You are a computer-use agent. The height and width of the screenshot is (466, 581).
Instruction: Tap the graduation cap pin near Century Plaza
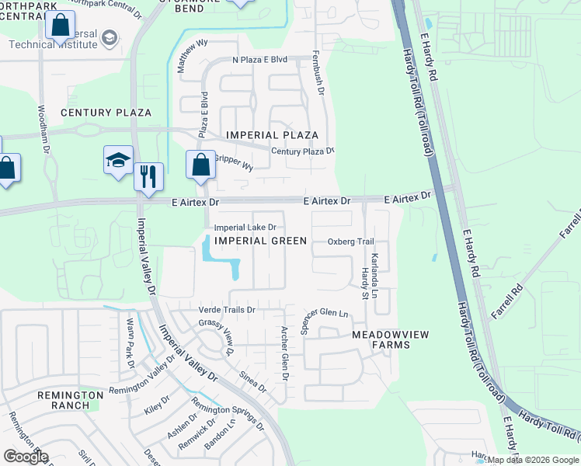click(118, 161)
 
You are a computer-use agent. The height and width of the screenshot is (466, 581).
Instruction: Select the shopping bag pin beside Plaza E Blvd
click(200, 165)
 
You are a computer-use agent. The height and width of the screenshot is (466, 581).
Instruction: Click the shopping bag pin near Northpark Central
click(60, 26)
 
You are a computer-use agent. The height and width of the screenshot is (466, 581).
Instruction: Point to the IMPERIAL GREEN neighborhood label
click(260, 241)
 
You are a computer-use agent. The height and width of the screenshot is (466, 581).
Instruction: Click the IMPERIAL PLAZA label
click(272, 135)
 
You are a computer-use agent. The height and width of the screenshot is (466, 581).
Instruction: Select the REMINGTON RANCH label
click(71, 400)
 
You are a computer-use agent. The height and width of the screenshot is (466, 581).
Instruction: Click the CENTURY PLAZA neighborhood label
click(106, 113)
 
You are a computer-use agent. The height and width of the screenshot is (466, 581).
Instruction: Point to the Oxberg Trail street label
click(350, 242)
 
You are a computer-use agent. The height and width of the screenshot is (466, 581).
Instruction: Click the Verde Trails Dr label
click(228, 310)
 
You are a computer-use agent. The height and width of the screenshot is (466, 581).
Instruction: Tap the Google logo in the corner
click(26, 456)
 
